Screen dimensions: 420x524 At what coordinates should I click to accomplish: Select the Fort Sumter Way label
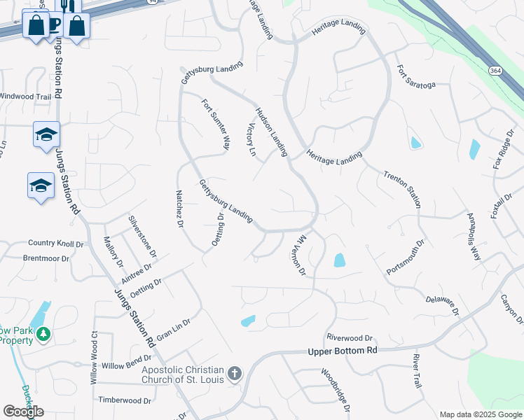[216, 124]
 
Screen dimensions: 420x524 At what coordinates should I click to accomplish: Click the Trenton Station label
[402, 189]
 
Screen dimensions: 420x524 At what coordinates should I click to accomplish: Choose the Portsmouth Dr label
[406, 258]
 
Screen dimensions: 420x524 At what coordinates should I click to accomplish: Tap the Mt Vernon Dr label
[298, 255]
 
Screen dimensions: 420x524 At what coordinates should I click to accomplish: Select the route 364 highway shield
[496, 71]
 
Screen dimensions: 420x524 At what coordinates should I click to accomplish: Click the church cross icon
[235, 374]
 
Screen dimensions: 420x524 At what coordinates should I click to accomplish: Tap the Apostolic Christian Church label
[182, 374]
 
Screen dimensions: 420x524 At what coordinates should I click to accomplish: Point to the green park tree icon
[43, 335]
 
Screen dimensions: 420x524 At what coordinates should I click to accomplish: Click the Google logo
[23, 411]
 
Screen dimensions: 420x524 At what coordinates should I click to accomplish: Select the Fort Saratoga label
[416, 78]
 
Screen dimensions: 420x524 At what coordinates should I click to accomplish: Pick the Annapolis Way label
[474, 237]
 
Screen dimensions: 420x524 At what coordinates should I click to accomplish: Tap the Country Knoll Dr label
[55, 244]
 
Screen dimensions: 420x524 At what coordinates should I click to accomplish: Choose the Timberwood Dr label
[125, 400]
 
